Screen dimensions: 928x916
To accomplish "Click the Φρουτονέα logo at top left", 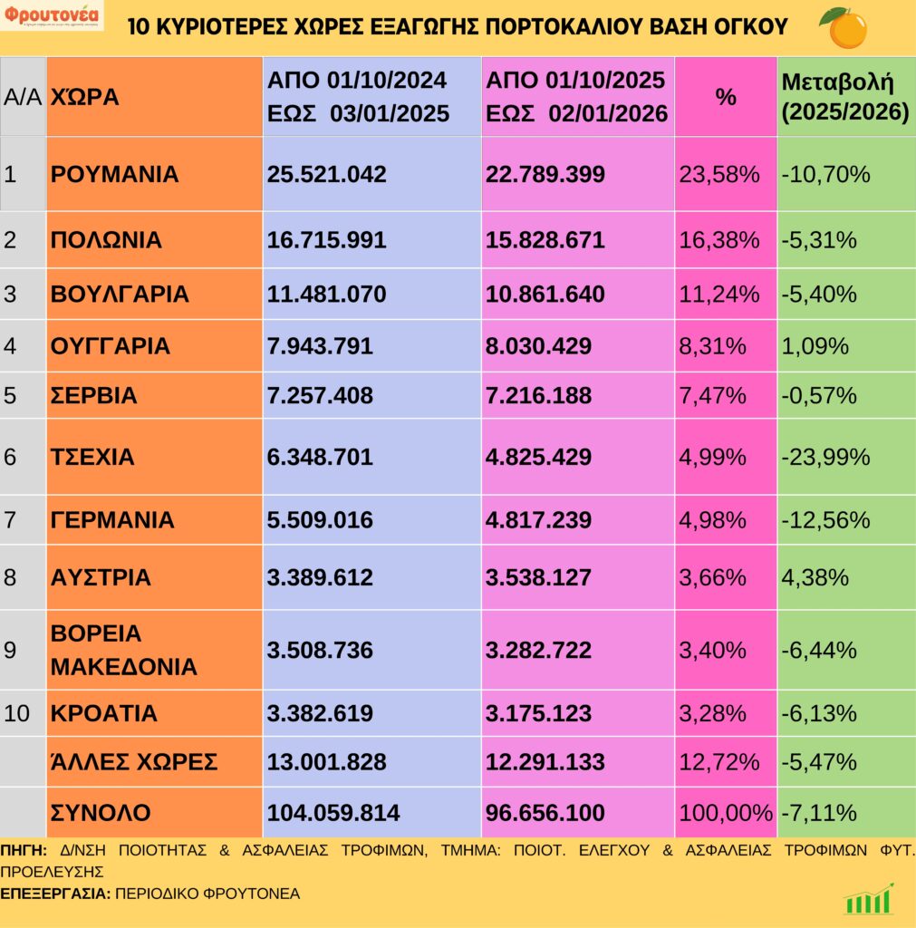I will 53,17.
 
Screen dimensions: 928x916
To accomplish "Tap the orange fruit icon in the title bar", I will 844,26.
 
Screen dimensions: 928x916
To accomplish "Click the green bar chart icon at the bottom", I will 868,899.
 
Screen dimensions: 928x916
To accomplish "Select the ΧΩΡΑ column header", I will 84,97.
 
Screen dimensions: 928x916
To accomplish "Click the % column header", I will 726,97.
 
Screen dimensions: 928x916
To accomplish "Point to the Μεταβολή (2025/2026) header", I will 844,97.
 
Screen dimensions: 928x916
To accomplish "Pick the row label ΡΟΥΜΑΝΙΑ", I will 115,174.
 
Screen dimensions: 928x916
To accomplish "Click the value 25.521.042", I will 326,174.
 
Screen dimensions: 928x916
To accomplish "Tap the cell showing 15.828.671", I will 545,240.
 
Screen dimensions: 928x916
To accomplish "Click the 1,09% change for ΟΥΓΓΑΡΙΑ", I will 814,346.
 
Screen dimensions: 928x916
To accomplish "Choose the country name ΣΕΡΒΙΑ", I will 94,396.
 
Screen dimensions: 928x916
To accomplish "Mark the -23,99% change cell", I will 824,457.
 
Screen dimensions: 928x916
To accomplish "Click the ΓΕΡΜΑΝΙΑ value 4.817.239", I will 538,520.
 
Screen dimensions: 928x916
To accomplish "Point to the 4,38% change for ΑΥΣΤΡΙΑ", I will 814,577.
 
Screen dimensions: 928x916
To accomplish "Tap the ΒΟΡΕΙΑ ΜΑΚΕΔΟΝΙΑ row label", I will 123,650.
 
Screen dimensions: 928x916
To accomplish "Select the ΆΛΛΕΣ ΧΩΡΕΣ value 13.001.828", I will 326,762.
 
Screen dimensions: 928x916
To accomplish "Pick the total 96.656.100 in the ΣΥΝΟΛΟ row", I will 545,813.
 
